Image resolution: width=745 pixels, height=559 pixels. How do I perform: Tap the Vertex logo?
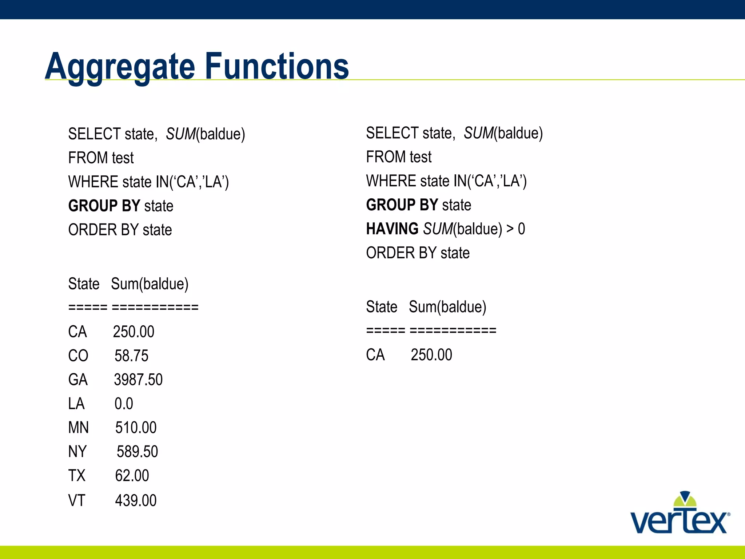pyautogui.click(x=680, y=514)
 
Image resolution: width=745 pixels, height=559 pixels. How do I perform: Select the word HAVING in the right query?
pyautogui.click(x=392, y=229)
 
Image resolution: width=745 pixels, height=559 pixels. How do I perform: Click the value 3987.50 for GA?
pyautogui.click(x=138, y=380)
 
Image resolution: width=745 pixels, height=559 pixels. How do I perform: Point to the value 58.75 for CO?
pyautogui.click(x=131, y=356)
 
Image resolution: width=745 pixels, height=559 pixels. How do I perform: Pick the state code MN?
pyautogui.click(x=78, y=428)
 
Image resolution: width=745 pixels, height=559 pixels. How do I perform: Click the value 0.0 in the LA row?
pyautogui.click(x=124, y=404)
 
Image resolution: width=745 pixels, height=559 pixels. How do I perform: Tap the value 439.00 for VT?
pyautogui.click(x=136, y=500)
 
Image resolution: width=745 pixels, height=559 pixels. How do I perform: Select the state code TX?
pyautogui.click(x=77, y=476)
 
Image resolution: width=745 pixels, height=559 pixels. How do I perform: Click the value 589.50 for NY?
pyautogui.click(x=137, y=452)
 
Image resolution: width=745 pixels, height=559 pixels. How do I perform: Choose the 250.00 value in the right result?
pyautogui.click(x=431, y=355)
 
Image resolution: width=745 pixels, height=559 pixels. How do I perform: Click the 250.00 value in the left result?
pyautogui.click(x=134, y=332)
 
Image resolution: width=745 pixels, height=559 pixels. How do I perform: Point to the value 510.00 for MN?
pyautogui.click(x=136, y=428)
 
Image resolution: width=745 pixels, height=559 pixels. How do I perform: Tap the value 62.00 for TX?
pyautogui.click(x=132, y=476)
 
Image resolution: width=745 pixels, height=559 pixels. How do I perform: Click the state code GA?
pyautogui.click(x=78, y=380)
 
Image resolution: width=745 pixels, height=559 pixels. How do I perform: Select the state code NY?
pyautogui.click(x=77, y=452)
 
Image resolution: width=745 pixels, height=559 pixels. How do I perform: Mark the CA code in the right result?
pyautogui.click(x=375, y=355)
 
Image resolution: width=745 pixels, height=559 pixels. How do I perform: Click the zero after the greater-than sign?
pyautogui.click(x=521, y=229)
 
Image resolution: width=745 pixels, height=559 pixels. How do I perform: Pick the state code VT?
pyautogui.click(x=77, y=500)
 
